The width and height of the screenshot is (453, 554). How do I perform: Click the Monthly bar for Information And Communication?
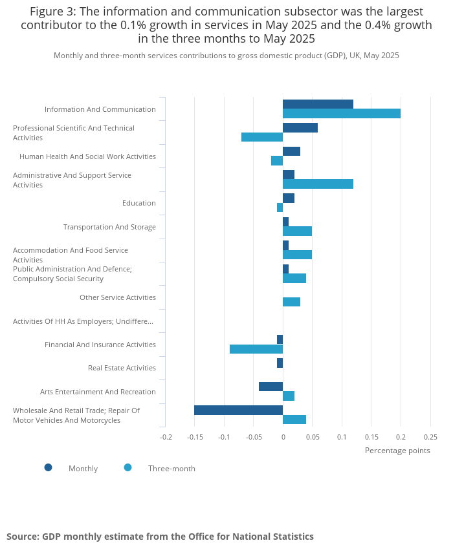coord(318,104)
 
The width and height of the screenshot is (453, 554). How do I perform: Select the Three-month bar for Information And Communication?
coord(342,114)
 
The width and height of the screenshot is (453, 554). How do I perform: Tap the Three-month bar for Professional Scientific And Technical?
coord(262,137)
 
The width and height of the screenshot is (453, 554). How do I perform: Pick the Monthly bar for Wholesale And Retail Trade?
coord(238,410)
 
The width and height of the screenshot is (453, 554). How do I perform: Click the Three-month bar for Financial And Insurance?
coord(256,349)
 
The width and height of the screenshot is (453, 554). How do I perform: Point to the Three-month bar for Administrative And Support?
coord(318,184)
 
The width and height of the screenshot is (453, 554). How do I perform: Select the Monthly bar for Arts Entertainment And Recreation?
coord(271,387)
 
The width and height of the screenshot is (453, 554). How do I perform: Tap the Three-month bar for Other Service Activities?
coord(291,302)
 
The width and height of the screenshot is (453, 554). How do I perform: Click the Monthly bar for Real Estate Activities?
coord(280,363)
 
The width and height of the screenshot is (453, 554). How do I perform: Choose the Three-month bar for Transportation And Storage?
coord(297,231)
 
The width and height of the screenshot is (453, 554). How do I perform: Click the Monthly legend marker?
coord(48,467)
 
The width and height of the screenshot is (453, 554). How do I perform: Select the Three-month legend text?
coord(171,469)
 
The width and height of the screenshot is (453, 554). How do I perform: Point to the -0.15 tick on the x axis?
coord(195,436)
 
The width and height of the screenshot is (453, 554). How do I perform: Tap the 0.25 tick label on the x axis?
coord(430,436)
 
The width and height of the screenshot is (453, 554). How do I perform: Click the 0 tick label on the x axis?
coord(283,436)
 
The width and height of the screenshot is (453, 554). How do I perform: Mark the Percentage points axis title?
coord(397,451)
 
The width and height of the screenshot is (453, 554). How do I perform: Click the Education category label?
coord(139,203)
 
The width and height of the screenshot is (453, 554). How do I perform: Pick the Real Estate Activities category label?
coord(122,368)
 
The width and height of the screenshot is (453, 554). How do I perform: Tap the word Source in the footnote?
coord(22,537)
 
